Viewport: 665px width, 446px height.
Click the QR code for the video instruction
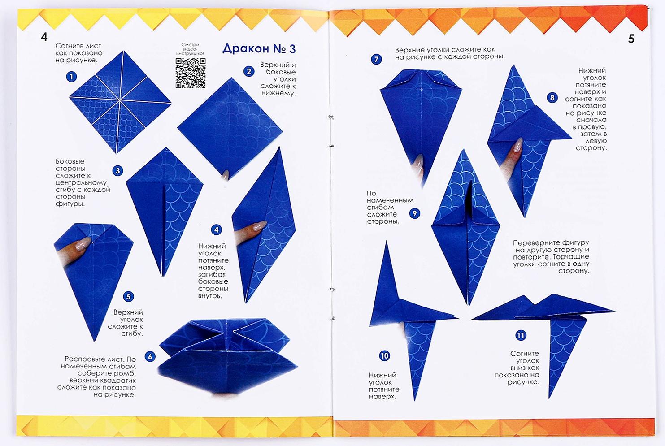point(190,73)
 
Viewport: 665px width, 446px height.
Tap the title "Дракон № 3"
point(259,49)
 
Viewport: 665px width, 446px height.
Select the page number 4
point(44,37)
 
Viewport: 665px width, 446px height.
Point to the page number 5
point(631,39)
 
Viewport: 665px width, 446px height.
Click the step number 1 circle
point(71,77)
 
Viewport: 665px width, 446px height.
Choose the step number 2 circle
point(249,72)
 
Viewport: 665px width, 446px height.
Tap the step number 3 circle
point(118,171)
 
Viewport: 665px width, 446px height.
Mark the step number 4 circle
point(216,229)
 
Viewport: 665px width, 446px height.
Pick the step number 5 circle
point(128,296)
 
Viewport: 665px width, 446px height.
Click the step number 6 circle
point(150,356)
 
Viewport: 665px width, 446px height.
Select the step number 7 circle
point(376,59)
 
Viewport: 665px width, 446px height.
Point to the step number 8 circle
point(552,98)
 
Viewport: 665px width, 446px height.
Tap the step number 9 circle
point(414,213)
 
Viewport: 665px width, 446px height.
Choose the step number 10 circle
point(384,356)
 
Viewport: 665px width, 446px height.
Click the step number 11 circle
point(521,335)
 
